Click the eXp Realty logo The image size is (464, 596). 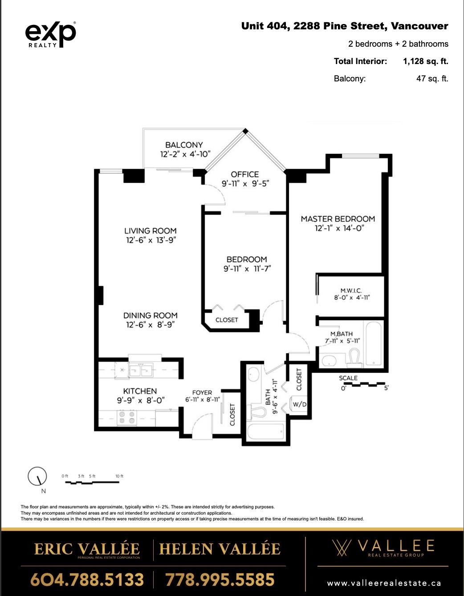click(50, 34)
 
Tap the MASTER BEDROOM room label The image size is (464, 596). click(338, 219)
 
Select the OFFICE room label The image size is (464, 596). click(244, 174)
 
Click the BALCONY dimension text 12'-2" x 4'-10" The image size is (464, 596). click(185, 154)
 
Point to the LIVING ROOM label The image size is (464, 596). click(150, 231)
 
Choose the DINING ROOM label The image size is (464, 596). click(150, 315)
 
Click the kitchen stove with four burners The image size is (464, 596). click(127, 418)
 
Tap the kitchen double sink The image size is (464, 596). click(141, 370)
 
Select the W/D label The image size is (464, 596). click(299, 404)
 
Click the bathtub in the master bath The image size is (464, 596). click(372, 343)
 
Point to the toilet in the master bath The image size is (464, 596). click(354, 357)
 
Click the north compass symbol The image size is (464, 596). click(37, 477)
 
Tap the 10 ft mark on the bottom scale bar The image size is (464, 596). click(119, 476)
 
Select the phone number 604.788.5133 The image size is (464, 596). click(87, 580)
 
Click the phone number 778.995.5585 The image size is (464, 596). click(220, 580)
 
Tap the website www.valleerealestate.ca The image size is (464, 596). click(384, 583)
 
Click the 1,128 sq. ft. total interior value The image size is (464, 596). click(425, 61)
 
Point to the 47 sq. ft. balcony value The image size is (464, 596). click(432, 79)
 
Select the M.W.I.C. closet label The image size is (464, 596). click(351, 290)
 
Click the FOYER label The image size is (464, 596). click(202, 392)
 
